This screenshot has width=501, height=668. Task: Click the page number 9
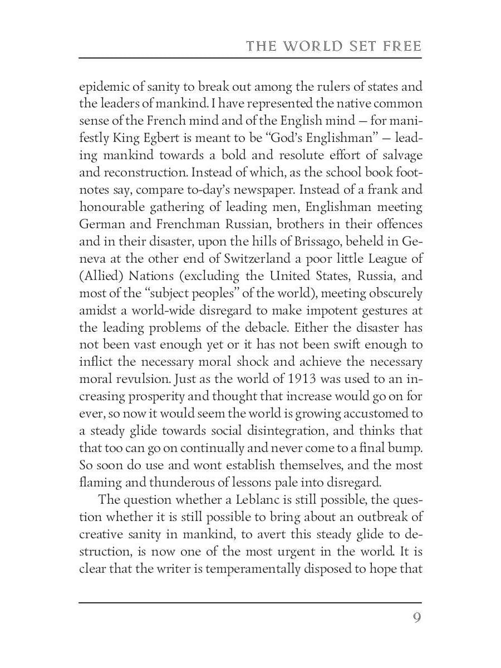pyautogui.click(x=417, y=618)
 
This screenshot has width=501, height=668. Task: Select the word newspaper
pyautogui.click(x=249, y=190)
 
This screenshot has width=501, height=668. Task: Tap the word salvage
pyautogui.click(x=401, y=156)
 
